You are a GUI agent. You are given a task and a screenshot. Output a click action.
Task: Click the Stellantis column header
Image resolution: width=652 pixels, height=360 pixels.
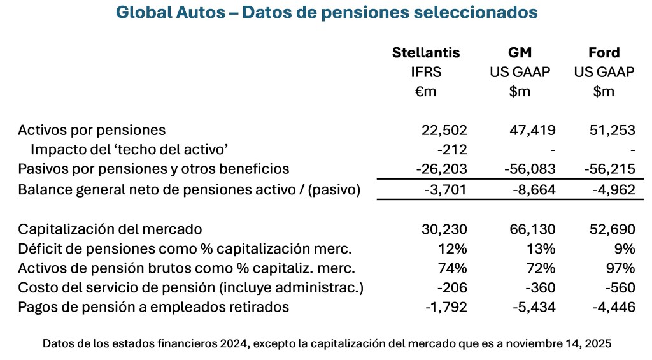425,52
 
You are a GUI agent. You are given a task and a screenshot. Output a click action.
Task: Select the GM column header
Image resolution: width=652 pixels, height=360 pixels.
520,52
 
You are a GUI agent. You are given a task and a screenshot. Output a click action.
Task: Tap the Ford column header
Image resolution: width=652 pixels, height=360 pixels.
604,52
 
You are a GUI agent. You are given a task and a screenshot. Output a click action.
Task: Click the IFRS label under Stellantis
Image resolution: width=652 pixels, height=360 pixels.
426,72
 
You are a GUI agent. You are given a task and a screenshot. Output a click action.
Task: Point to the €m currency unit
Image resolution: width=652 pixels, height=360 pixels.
426,92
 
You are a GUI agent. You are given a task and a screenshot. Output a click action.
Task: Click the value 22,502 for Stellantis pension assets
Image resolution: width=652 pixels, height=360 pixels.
444,130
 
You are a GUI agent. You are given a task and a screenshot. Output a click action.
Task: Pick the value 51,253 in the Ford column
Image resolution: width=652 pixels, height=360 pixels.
613,130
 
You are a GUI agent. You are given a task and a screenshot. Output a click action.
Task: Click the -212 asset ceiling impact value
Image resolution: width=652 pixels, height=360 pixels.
452,150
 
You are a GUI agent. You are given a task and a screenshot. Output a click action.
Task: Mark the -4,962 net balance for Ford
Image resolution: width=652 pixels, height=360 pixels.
613,189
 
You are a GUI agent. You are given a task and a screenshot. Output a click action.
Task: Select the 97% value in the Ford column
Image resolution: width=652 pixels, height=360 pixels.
621,268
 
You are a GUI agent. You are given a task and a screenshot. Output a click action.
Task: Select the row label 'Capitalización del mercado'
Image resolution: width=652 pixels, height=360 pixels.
110,229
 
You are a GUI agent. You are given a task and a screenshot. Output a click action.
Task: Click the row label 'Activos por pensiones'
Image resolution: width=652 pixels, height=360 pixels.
92,130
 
